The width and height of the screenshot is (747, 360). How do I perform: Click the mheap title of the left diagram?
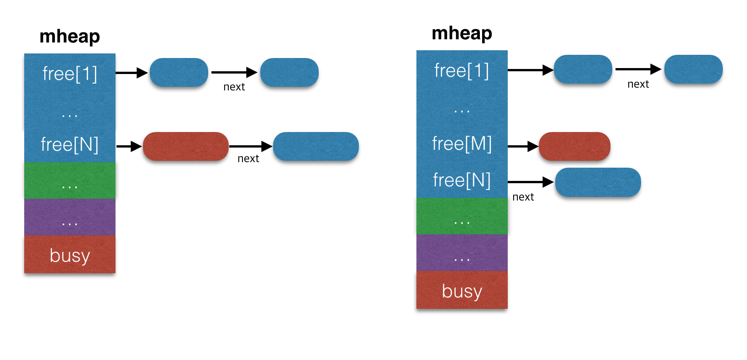69,37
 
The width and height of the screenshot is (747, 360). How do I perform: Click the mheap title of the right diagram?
462,33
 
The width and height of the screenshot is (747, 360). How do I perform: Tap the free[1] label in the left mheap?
69,74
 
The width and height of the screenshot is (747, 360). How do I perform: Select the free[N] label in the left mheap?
69,144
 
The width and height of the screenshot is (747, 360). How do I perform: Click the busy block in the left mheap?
69,255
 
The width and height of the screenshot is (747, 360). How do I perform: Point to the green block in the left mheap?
69,181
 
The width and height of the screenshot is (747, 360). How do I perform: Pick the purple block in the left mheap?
69,217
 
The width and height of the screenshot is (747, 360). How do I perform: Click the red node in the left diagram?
185,146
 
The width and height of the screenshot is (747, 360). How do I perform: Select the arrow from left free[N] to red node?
129,146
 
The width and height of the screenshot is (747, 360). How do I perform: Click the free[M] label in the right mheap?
462,143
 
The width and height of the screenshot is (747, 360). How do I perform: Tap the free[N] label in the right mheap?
462,180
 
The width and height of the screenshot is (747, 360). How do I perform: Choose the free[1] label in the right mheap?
462,71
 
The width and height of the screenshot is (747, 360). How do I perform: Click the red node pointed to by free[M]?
574,146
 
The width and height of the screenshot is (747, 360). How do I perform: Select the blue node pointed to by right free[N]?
598,182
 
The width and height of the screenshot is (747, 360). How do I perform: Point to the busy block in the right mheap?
462,291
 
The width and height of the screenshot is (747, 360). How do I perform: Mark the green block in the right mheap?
462,217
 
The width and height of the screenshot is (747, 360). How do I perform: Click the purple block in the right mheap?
462,253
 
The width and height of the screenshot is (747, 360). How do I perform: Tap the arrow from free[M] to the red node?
523,146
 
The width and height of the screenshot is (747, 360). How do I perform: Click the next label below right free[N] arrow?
523,197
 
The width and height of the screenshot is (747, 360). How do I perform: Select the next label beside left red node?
248,159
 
